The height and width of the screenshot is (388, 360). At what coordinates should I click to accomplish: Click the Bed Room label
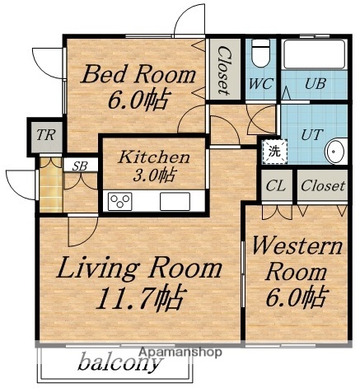138,76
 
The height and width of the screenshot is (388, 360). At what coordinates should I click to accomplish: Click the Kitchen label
154,156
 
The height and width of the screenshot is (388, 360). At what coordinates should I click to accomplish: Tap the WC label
262,84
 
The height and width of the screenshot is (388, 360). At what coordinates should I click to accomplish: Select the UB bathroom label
315,84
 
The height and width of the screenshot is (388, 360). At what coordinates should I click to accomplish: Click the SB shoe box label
80,166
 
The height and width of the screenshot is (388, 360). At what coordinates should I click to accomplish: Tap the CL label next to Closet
275,186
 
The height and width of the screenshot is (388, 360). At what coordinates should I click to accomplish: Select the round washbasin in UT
335,152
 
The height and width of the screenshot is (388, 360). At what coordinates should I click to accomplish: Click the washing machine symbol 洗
271,151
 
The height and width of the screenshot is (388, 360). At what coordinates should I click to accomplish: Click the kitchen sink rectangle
175,201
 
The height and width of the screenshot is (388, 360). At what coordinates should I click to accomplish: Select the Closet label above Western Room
322,186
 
